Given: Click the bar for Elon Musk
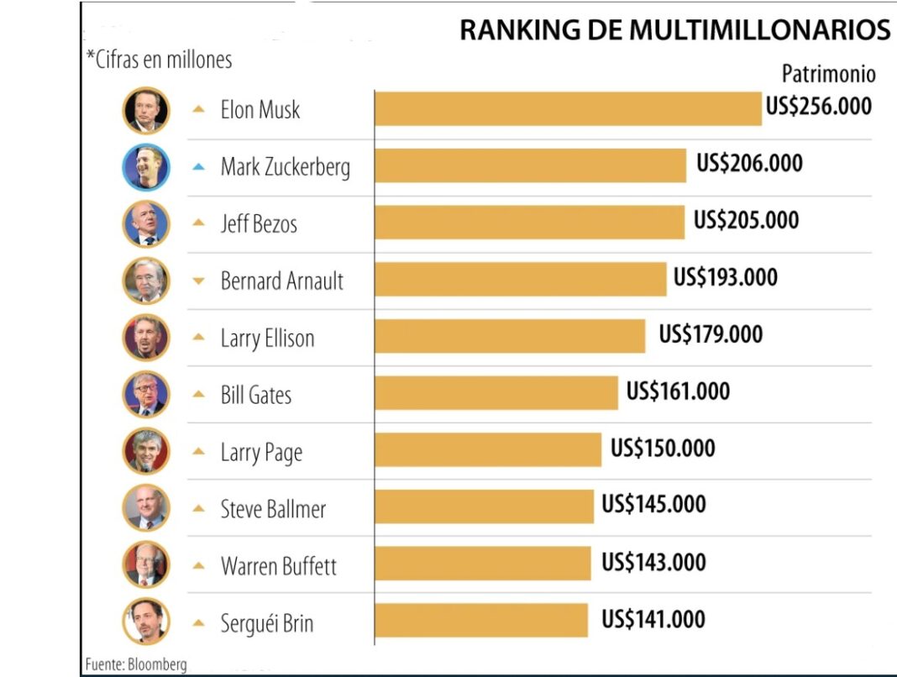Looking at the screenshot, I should pyautogui.click(x=568, y=109).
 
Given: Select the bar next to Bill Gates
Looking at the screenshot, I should pyautogui.click(x=496, y=393).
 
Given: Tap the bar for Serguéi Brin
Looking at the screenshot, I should pyautogui.click(x=481, y=621).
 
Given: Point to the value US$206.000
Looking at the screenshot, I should pyautogui.click(x=749, y=163).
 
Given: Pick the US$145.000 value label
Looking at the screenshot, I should pyautogui.click(x=653, y=505).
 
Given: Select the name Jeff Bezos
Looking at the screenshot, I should pyautogui.click(x=259, y=224).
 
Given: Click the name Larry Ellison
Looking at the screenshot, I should pyautogui.click(x=267, y=338).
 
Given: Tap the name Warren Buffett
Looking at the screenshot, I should pyautogui.click(x=278, y=566).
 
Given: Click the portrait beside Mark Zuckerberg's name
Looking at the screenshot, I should pyautogui.click(x=146, y=167).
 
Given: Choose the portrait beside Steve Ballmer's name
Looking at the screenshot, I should pyautogui.click(x=146, y=508).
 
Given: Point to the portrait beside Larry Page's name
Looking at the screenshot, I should pyautogui.click(x=146, y=451).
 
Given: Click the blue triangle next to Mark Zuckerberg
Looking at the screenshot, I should pyautogui.click(x=198, y=167).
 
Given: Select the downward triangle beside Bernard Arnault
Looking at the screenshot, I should pyautogui.click(x=198, y=281).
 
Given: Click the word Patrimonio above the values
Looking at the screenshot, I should pyautogui.click(x=828, y=74).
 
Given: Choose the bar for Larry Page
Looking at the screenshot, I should pyautogui.click(x=488, y=449).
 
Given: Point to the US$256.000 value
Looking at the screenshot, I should pyautogui.click(x=819, y=107).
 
